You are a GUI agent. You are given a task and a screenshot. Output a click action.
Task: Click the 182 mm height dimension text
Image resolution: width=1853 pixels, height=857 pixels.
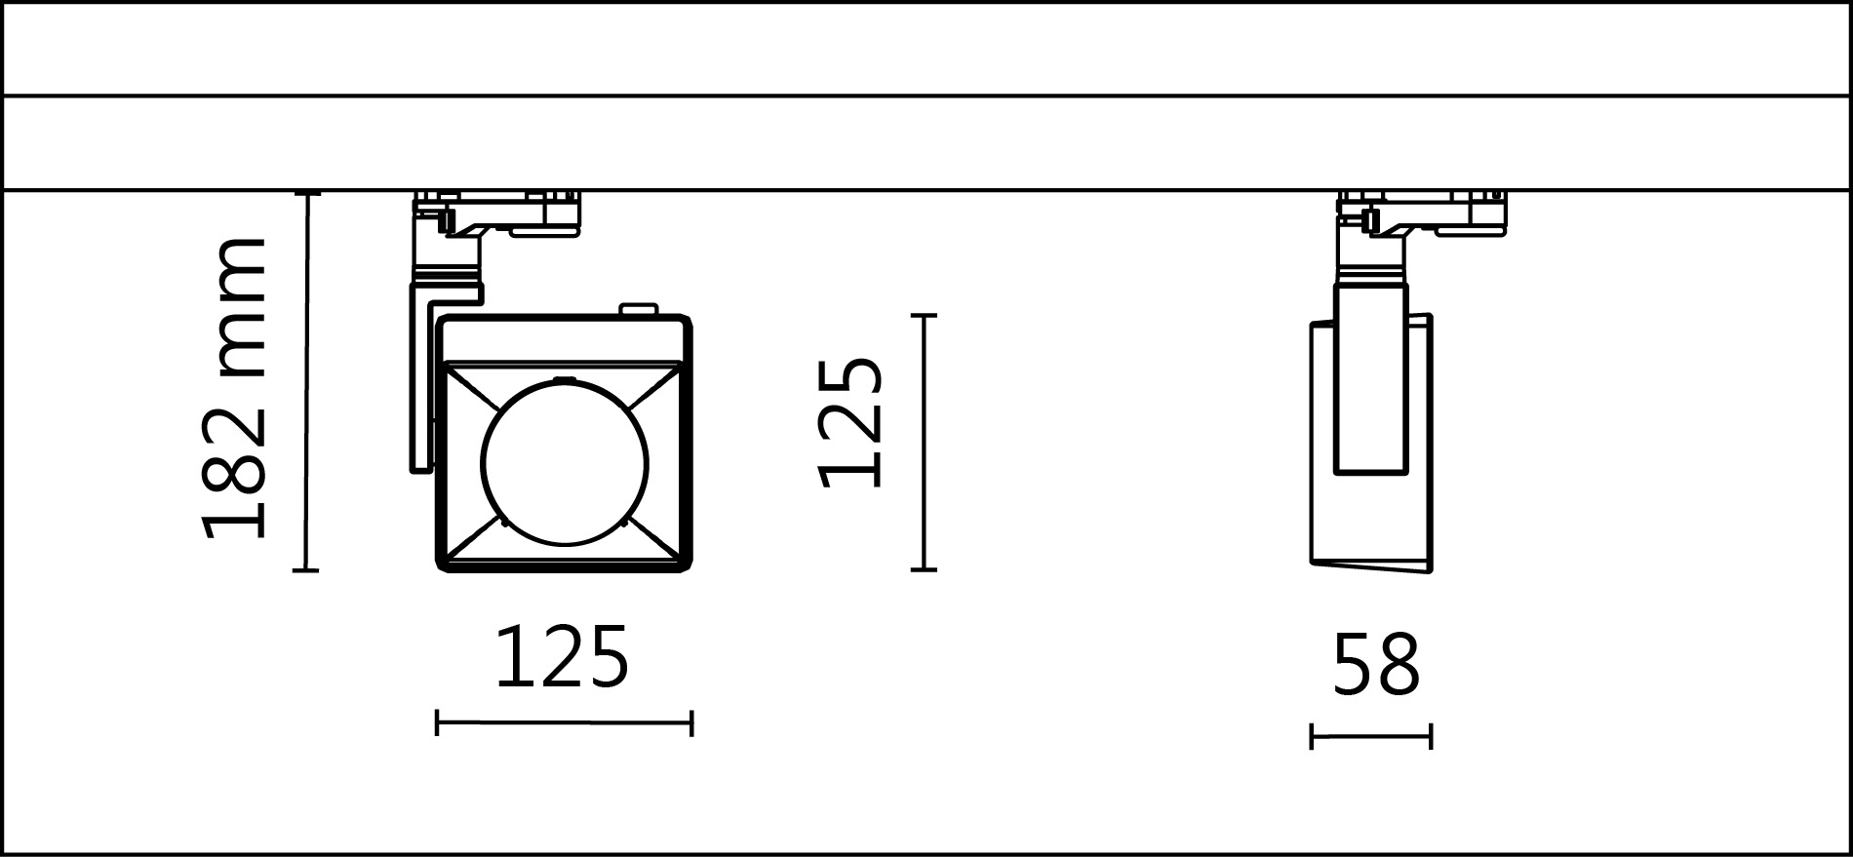coord(234,388)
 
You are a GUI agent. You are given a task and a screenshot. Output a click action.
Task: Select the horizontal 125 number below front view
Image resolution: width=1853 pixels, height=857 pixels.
coord(562,658)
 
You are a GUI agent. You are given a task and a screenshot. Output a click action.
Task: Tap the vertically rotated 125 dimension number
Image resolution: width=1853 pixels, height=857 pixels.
coord(850,422)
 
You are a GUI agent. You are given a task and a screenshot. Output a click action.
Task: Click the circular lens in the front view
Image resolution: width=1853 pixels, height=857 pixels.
coord(564,462)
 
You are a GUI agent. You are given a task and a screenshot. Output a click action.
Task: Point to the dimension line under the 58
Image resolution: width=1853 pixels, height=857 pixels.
coord(1370,736)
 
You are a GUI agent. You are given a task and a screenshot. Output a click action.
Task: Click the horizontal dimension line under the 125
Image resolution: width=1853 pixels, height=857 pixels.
coord(564,723)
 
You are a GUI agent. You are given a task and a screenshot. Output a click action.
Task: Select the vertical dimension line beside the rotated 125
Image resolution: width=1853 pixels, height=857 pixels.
coord(924,442)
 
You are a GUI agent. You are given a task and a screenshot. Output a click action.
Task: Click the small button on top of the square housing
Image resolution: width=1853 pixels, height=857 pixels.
coord(639,310)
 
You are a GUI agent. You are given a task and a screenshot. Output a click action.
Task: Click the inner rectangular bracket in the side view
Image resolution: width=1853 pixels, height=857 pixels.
coord(1370,380)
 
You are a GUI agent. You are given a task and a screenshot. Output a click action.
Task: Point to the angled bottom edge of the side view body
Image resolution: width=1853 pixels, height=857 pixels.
coord(1370,567)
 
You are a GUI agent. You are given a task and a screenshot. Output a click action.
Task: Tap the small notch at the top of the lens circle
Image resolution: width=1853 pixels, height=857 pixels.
coord(563,379)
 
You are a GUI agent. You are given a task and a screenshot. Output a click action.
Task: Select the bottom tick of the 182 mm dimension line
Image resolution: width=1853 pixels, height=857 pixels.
coord(306,570)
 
